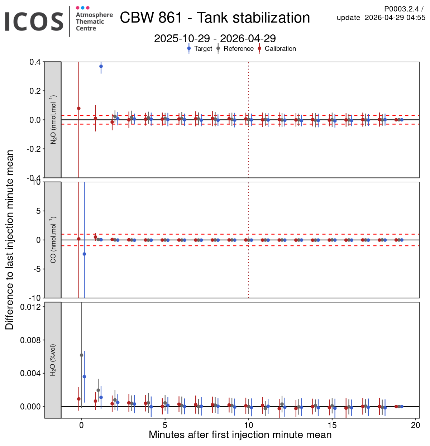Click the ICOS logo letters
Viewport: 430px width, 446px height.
34,21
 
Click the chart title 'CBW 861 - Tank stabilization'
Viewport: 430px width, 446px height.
215,18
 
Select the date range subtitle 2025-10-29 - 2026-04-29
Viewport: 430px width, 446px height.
215,38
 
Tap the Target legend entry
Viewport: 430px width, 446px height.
203,49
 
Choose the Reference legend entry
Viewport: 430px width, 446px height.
238,49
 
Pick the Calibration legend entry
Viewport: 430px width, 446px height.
280,49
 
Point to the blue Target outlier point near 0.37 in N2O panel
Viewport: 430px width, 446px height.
101,66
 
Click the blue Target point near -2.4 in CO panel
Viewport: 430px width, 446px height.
84,254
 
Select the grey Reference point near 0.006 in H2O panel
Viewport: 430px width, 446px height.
81,355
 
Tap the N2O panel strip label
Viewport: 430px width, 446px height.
53,120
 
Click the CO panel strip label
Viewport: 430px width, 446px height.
53,240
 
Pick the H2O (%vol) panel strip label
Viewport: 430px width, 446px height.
53,360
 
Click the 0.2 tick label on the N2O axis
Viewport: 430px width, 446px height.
35,91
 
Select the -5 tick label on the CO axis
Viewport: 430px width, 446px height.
37,269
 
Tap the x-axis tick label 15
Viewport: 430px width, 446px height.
332,426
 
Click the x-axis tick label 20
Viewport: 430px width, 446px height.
416,426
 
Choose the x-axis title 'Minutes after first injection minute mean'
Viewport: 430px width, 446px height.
240,435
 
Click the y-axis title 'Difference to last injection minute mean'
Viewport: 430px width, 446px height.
10,240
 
